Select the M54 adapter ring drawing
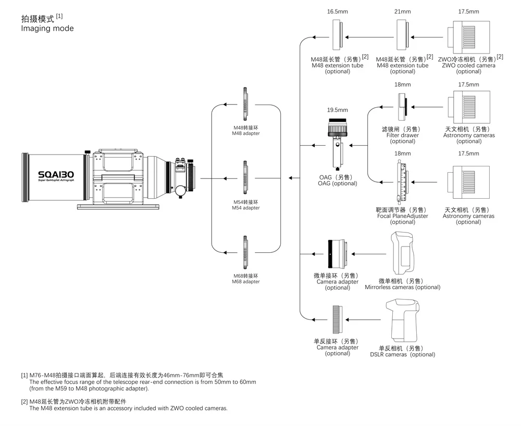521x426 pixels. pyautogui.click(x=245, y=178)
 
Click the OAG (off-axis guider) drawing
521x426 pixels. pyautogui.click(x=337, y=146)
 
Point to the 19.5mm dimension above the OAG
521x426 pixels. pyautogui.click(x=337, y=110)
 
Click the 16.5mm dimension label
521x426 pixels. pyautogui.click(x=337, y=11)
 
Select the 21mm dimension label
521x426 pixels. pyautogui.click(x=403, y=11)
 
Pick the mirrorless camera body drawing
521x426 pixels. pyautogui.click(x=403, y=254)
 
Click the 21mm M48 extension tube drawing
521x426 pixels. pyautogui.click(x=402, y=36)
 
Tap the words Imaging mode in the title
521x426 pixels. pyautogui.click(x=47, y=29)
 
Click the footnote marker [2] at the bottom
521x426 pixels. pyautogui.click(x=24, y=401)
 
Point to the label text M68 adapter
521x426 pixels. pyautogui.click(x=245, y=281)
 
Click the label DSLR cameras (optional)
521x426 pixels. pyautogui.click(x=402, y=355)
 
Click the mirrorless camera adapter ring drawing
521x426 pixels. pyautogui.click(x=337, y=254)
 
